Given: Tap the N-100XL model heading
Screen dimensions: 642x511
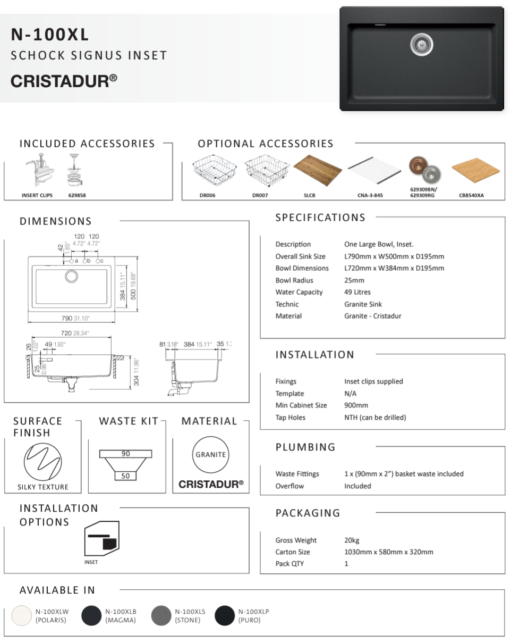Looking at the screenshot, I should click(x=50, y=35).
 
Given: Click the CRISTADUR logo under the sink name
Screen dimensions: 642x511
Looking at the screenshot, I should click(x=64, y=80).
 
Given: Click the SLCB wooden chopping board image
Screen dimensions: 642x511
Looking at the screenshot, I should click(x=317, y=169).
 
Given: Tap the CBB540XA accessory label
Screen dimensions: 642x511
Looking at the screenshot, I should click(x=471, y=196).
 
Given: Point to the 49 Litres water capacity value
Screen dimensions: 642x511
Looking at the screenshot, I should click(x=357, y=292).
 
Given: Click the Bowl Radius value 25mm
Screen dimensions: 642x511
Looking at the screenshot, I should click(x=354, y=280).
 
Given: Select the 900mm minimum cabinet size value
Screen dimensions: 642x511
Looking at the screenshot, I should click(x=356, y=405).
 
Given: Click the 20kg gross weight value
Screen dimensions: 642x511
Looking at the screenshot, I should click(x=352, y=540).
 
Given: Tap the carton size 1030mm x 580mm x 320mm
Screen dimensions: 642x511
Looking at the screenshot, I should click(x=388, y=552).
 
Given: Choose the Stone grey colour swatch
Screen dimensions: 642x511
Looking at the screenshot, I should click(x=161, y=616).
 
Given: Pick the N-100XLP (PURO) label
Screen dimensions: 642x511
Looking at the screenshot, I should click(x=253, y=616).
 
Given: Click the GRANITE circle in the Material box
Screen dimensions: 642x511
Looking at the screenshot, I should click(x=210, y=455).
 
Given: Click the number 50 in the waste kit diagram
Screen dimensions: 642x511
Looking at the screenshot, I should click(x=125, y=476).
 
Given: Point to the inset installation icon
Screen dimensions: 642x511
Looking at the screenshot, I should click(x=102, y=539).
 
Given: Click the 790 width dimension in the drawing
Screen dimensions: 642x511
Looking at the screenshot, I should click(x=67, y=318).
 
